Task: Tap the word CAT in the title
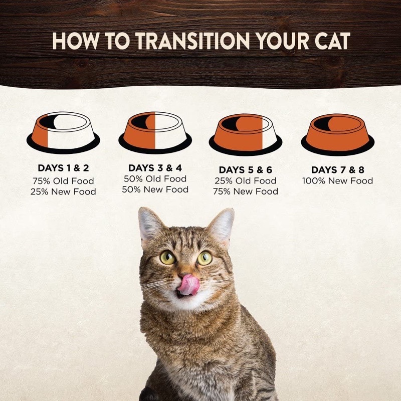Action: click(332, 41)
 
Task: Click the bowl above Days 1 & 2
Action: click(63, 133)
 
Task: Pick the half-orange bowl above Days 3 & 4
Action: click(155, 133)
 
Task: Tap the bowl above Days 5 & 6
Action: click(246, 134)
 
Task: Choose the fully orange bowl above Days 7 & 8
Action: click(337, 134)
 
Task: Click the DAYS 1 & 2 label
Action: click(63, 168)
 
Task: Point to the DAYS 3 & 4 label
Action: click(155, 168)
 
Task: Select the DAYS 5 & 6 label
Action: click(246, 170)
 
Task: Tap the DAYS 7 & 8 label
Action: click(337, 170)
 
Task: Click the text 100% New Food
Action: click(337, 181)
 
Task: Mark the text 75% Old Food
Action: click(63, 181)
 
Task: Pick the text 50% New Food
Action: click(155, 189)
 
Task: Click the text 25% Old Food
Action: click(246, 181)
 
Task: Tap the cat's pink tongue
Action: click(188, 285)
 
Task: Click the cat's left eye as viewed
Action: click(167, 257)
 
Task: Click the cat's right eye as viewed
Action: click(205, 258)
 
